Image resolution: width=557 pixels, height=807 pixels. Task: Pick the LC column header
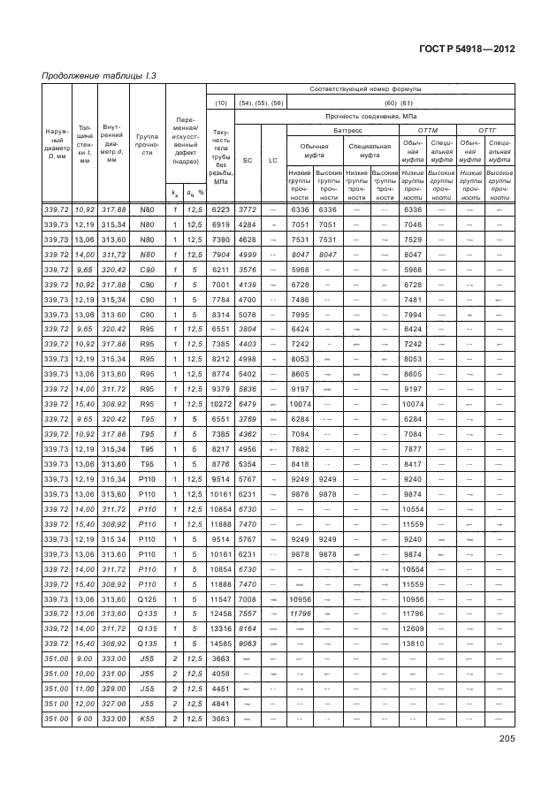(x=273, y=159)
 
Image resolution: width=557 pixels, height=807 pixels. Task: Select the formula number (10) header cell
(x=221, y=103)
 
